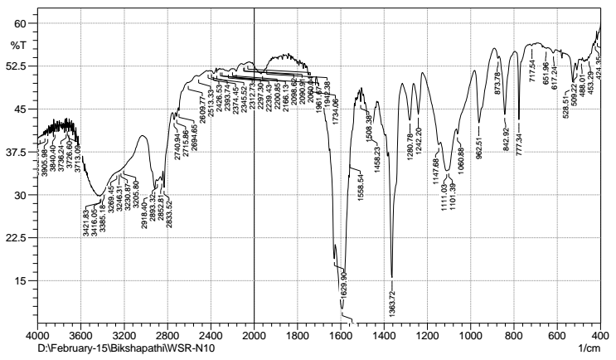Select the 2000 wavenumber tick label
click(x=254, y=336)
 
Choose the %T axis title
click(x=18, y=43)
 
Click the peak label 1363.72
click(x=391, y=295)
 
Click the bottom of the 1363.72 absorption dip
click(x=391, y=277)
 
